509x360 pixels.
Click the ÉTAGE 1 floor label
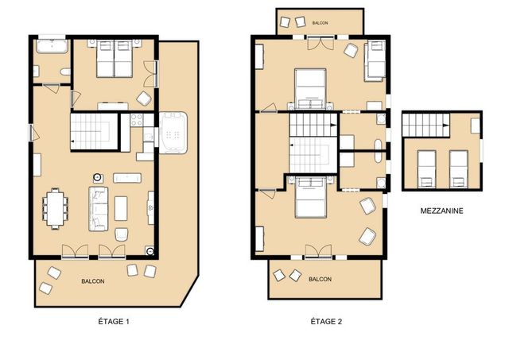click(114, 321)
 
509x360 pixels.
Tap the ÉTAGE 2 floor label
click(326, 321)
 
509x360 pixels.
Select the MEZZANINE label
click(442, 211)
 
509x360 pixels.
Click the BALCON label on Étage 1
click(93, 281)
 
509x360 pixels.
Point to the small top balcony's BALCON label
click(320, 23)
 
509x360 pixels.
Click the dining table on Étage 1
click(56, 208)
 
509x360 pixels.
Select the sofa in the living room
click(99, 209)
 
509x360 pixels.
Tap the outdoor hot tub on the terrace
click(173, 133)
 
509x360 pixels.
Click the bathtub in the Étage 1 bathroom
click(52, 46)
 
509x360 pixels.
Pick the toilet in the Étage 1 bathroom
click(65, 72)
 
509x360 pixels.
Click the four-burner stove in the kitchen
click(137, 120)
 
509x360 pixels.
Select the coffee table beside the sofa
click(121, 208)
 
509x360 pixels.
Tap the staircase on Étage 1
click(94, 131)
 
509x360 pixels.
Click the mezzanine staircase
click(426, 125)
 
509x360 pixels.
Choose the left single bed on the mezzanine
click(426, 169)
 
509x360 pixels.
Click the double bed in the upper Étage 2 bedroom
click(310, 89)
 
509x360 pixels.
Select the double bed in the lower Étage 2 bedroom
click(311, 198)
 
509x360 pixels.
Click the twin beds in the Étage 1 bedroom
click(115, 59)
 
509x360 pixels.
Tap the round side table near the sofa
click(97, 177)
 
